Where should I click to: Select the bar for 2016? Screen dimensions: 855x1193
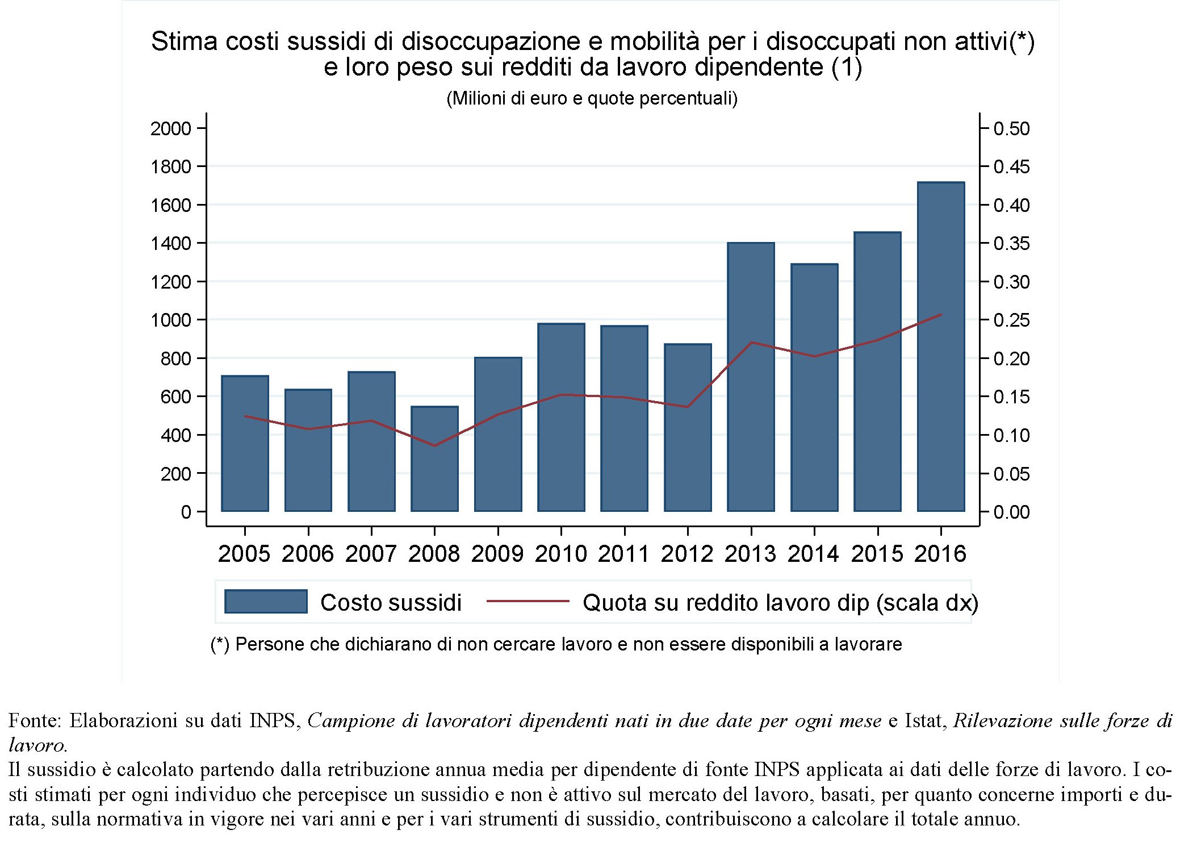click(x=940, y=347)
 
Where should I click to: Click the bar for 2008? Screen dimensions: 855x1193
click(x=434, y=458)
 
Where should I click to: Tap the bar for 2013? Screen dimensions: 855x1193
click(x=751, y=377)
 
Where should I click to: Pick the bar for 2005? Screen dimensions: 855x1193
click(x=245, y=443)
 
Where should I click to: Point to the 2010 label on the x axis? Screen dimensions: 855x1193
click(x=560, y=554)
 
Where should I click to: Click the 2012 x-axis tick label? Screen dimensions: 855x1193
click(x=687, y=554)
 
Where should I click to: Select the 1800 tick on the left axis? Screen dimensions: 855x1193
click(x=170, y=167)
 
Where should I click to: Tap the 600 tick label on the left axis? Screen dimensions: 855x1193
click(x=175, y=397)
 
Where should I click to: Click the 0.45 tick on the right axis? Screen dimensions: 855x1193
click(x=1011, y=167)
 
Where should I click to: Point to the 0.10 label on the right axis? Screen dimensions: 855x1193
click(x=1011, y=436)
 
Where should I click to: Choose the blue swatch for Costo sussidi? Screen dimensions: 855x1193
click(x=266, y=602)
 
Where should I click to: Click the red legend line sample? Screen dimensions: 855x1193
click(x=528, y=601)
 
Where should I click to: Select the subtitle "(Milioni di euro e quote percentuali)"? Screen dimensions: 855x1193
click(x=592, y=98)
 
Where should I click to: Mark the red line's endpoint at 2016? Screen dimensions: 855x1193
click(x=941, y=314)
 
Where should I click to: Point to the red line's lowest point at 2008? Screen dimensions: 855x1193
click(x=434, y=445)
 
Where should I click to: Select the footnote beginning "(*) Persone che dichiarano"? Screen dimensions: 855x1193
click(x=556, y=644)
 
